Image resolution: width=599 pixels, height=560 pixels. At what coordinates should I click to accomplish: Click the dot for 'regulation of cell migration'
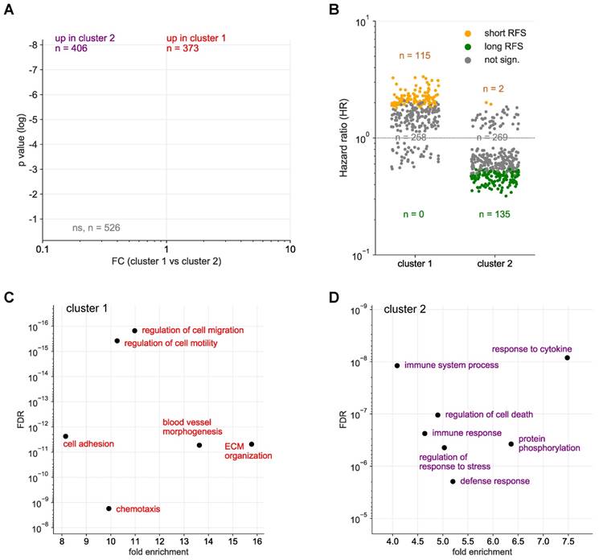click(x=134, y=331)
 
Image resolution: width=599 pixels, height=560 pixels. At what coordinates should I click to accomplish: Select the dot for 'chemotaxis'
click(x=109, y=509)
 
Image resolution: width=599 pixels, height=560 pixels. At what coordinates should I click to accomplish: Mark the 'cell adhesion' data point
click(x=65, y=436)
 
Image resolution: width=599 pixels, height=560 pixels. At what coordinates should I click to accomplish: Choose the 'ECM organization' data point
click(x=252, y=444)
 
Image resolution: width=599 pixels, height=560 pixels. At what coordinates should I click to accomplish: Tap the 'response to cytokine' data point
click(x=568, y=357)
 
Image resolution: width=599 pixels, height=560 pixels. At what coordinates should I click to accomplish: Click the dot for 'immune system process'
click(x=396, y=365)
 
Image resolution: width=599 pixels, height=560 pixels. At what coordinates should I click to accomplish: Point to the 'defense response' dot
click(x=453, y=481)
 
